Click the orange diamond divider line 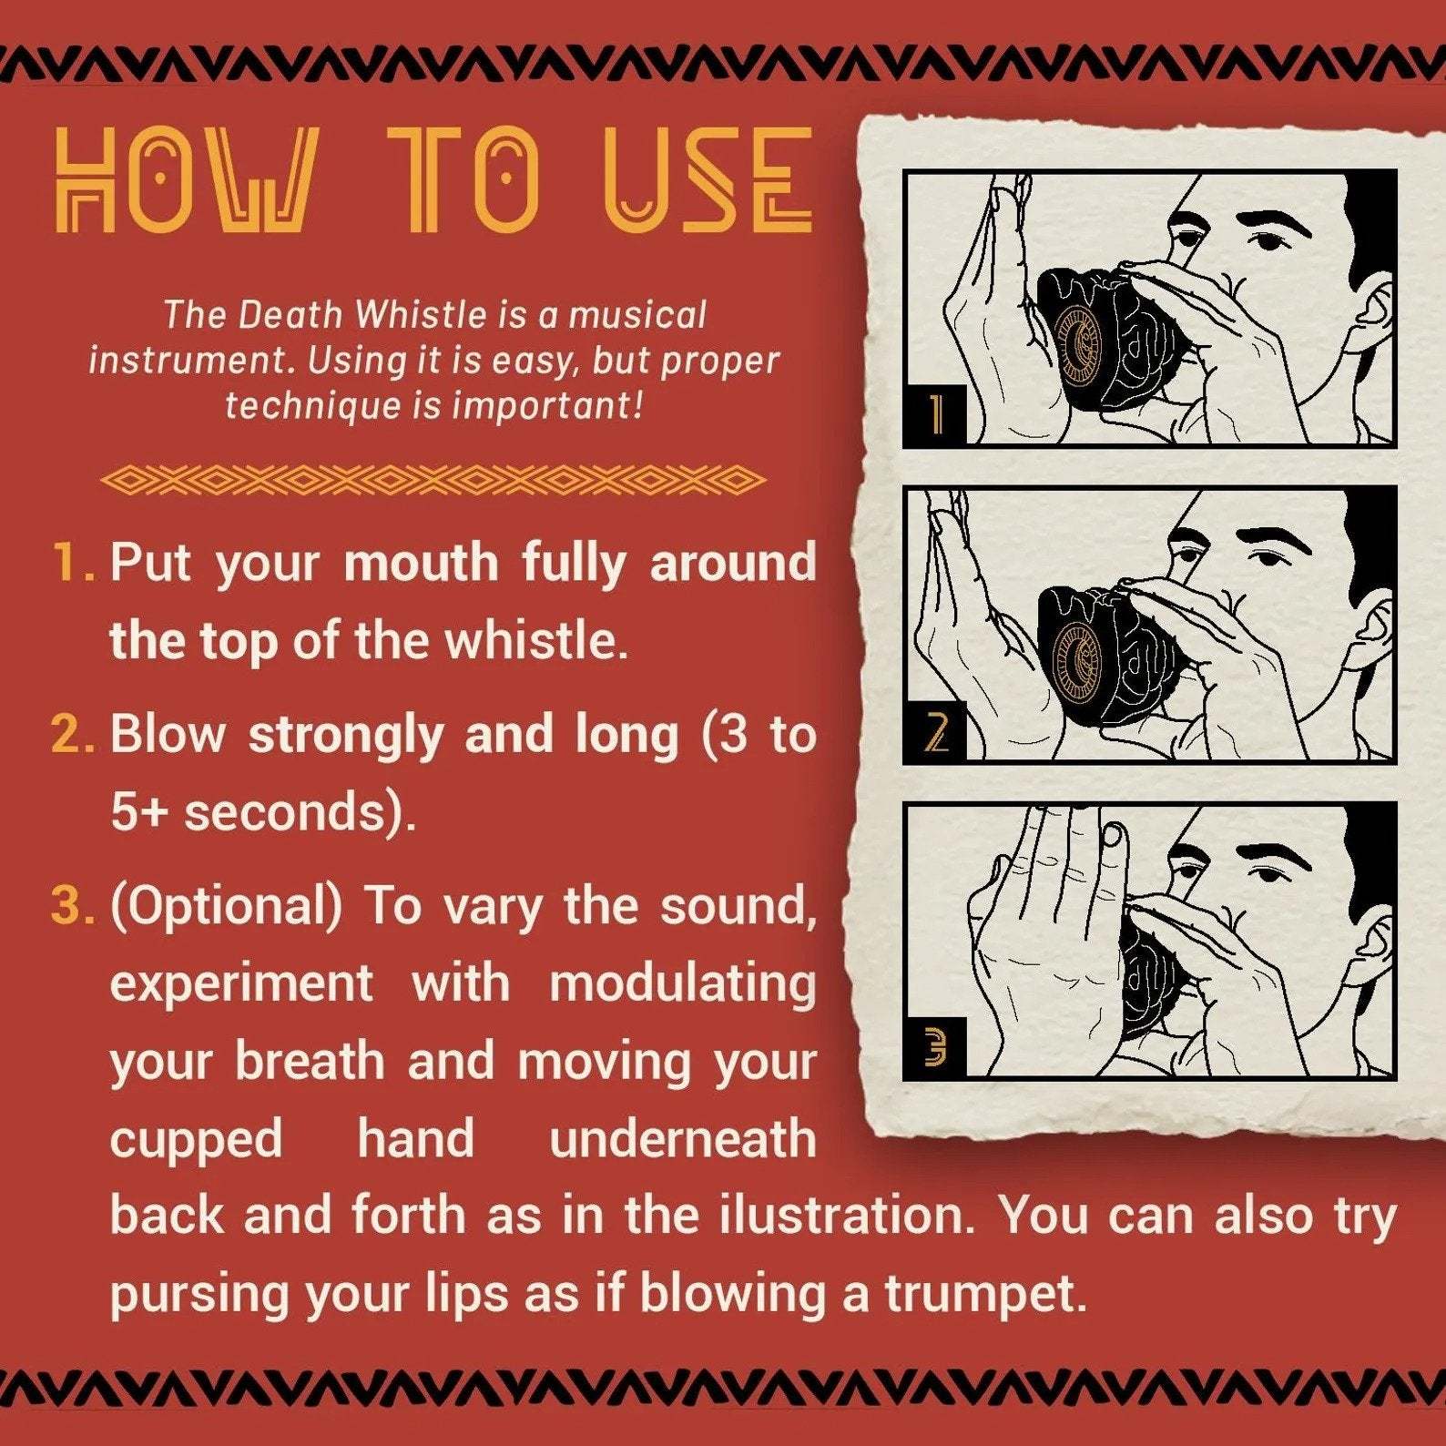pos(433,480)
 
